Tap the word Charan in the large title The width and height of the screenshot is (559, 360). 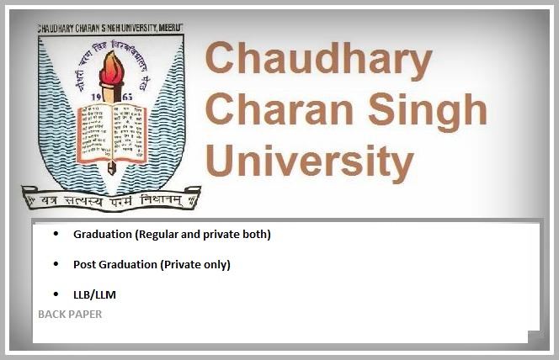click(x=268, y=110)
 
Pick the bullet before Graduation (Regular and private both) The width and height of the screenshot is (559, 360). click(x=56, y=234)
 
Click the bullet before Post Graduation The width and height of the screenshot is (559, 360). click(x=56, y=264)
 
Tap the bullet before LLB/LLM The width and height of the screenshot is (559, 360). click(x=56, y=294)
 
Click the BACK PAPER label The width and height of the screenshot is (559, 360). click(x=70, y=314)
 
